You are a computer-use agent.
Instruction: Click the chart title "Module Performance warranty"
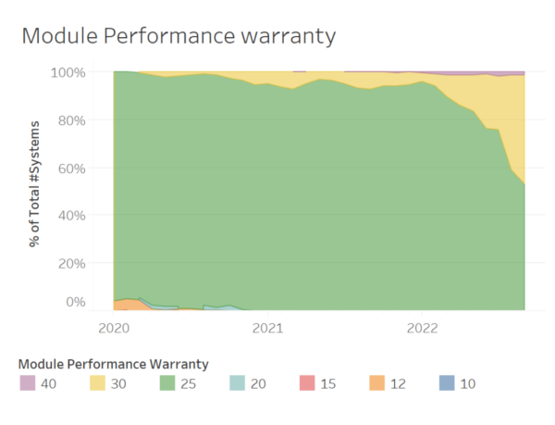[x=179, y=36]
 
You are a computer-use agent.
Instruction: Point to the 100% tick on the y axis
[x=68, y=72]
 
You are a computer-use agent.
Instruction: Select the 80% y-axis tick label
[x=72, y=120]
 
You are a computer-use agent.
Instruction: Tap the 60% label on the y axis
[x=72, y=169]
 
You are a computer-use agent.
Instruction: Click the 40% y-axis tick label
[x=72, y=216]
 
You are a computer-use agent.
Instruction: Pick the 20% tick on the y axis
[x=72, y=264]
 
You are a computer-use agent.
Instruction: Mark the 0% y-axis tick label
[x=76, y=302]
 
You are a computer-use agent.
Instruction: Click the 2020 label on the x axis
[x=114, y=329]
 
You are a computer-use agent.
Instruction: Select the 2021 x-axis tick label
[x=267, y=329]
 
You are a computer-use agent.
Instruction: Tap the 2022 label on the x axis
[x=423, y=329]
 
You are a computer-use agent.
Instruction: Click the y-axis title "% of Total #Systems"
[x=35, y=184]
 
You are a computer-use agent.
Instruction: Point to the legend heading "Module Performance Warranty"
[x=113, y=364]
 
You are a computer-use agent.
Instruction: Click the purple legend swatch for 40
[x=28, y=382]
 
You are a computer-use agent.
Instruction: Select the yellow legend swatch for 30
[x=97, y=382]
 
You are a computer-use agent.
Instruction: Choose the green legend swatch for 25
[x=167, y=382]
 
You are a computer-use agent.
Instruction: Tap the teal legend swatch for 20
[x=237, y=382]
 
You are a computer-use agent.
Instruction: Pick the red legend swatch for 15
[x=307, y=382]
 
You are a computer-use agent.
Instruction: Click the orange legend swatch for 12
[x=377, y=382]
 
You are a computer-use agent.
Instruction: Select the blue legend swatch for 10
[x=447, y=382]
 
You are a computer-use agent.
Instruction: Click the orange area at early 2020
[x=129, y=305]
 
